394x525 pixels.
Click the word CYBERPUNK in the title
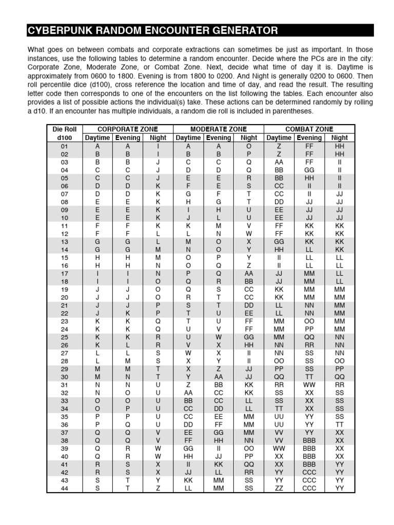point(53,31)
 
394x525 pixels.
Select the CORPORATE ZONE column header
point(128,129)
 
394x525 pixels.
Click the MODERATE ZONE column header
point(219,129)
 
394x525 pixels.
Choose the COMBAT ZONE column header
point(309,129)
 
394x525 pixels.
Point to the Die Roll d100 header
point(64,133)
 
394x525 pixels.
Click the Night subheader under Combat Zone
point(340,138)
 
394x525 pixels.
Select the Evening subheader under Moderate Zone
point(219,138)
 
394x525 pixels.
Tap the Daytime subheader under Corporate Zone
point(97,138)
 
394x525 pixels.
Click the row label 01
point(64,146)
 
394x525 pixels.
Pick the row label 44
point(64,488)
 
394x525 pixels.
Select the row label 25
point(64,337)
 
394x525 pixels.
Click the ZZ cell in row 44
point(279,488)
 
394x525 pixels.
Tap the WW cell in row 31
point(309,385)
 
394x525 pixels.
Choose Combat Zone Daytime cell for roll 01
point(279,146)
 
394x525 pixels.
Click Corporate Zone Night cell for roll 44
point(158,488)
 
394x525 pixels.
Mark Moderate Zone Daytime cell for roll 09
point(188,209)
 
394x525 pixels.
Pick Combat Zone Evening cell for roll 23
point(309,321)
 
